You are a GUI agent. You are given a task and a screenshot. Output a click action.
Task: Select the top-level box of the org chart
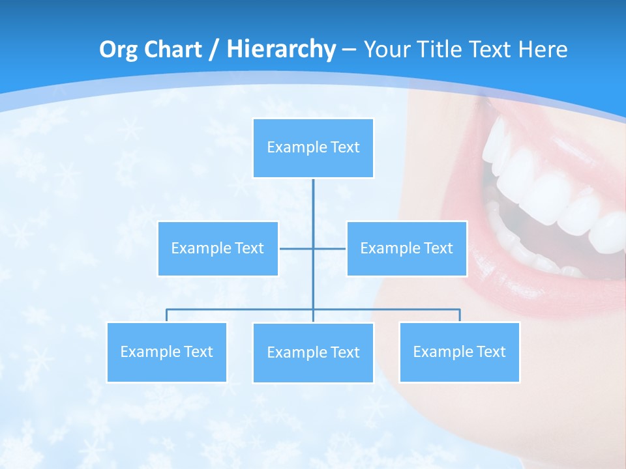(x=313, y=148)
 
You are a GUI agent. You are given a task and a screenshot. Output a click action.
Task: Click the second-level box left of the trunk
(x=218, y=248)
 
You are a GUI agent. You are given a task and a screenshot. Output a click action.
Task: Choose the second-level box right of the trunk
(x=406, y=248)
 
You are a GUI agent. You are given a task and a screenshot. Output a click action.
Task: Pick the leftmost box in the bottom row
(x=166, y=352)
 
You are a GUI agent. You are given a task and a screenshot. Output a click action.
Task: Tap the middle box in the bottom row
(x=313, y=352)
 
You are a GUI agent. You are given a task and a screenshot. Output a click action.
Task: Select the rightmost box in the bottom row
(x=459, y=352)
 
